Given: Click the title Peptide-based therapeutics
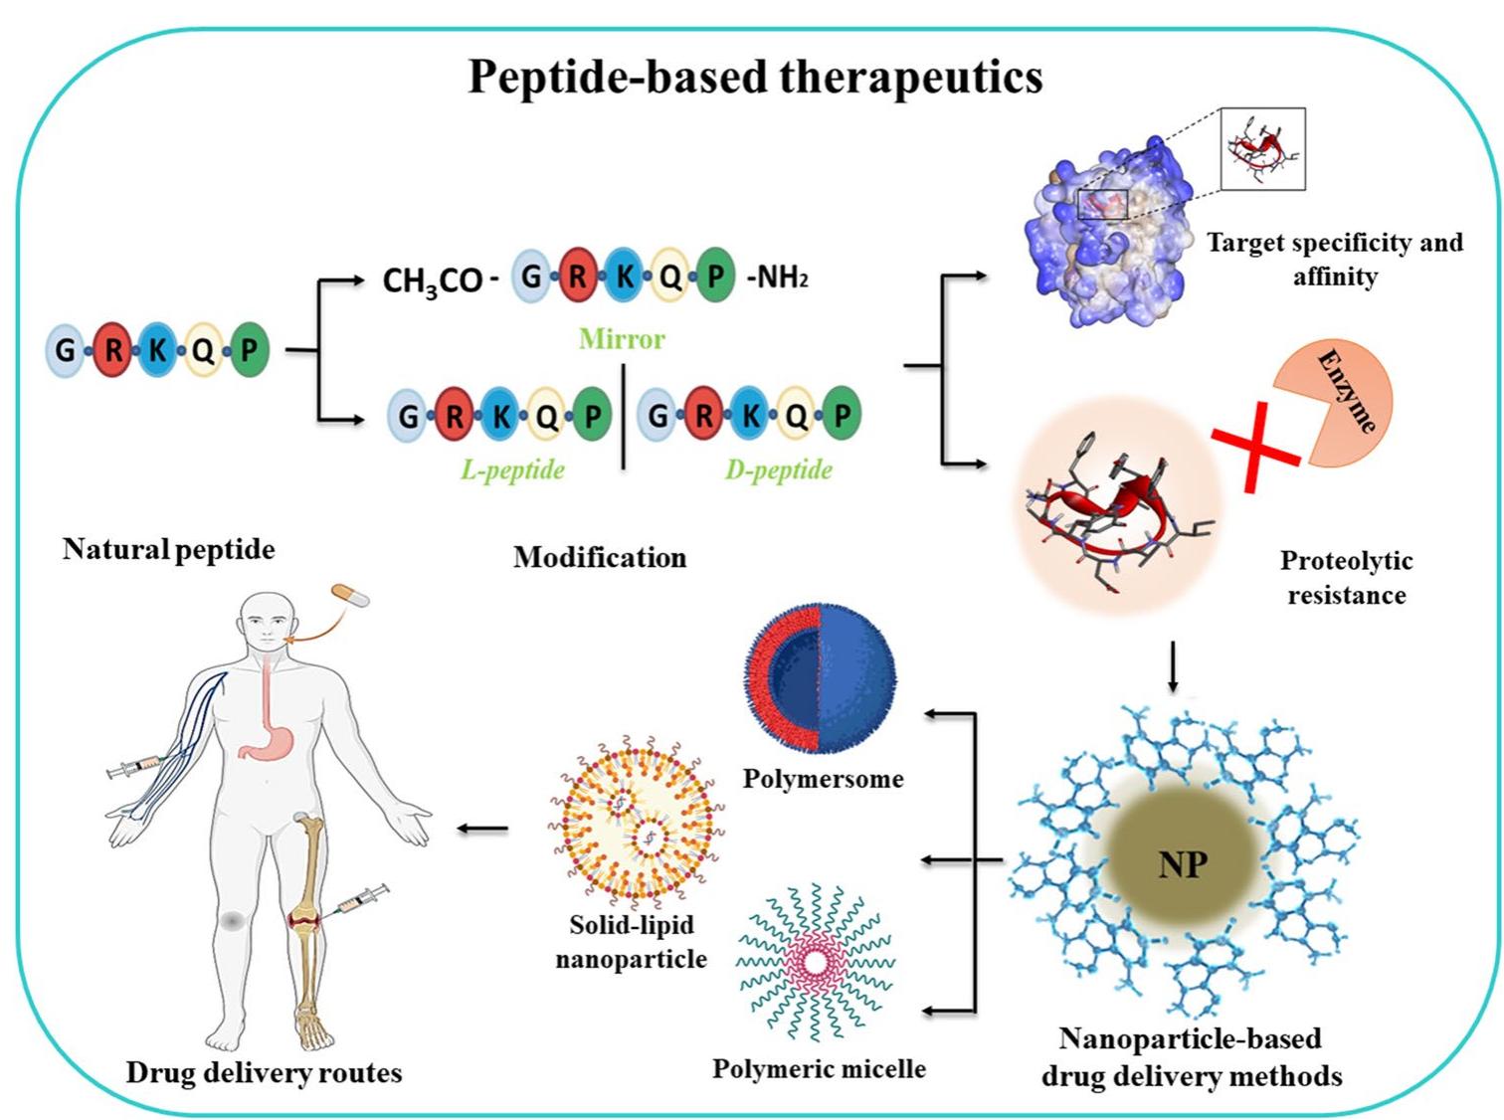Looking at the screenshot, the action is (755, 78).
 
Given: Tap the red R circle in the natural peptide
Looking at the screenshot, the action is (113, 350).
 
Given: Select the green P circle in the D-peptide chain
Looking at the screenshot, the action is (842, 414).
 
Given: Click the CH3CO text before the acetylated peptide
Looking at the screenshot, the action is (433, 280).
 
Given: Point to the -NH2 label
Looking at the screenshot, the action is (777, 278).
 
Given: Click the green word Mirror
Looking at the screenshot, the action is (622, 338).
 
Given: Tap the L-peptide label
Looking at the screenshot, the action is (512, 469).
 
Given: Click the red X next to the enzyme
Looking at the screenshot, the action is (1256, 447).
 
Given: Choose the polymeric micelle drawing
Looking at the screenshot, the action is (815, 963).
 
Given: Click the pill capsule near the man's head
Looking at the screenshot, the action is (350, 595).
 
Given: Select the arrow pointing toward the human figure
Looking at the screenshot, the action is (482, 829).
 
